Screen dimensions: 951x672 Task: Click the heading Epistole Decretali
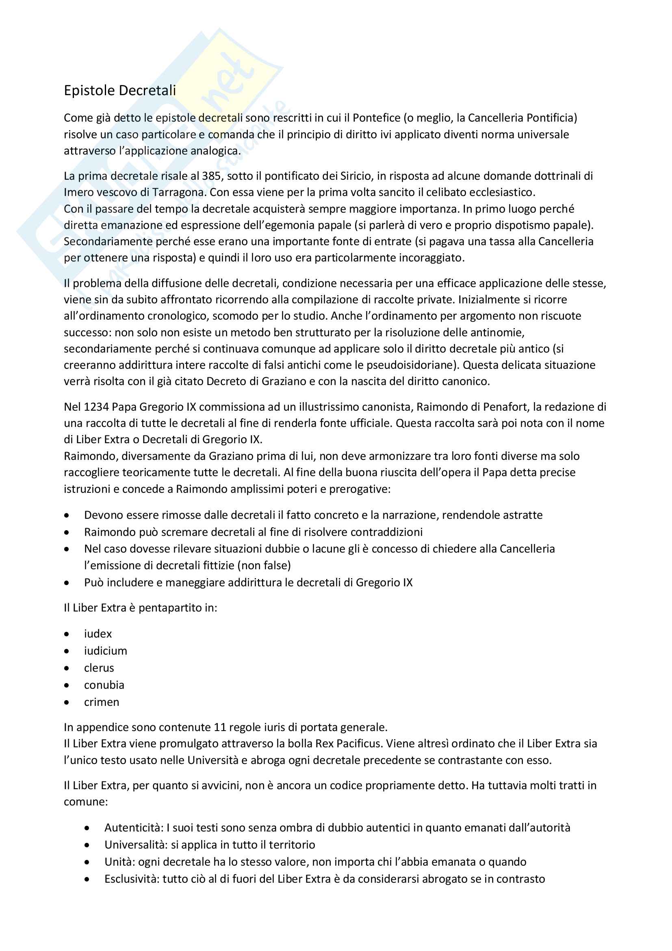click(x=119, y=90)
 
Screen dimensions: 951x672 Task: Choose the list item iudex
click(x=98, y=634)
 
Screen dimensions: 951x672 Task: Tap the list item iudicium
click(x=106, y=651)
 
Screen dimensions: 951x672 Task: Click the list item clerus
click(x=99, y=668)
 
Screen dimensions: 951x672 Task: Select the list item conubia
click(x=104, y=685)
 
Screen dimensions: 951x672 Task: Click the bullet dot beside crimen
click(x=67, y=703)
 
